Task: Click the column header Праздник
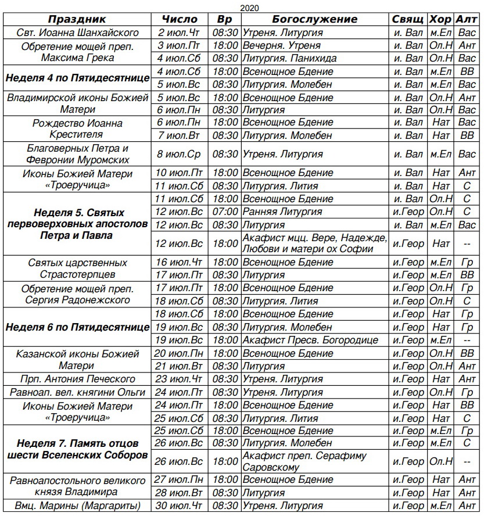(x=77, y=19)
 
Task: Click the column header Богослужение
(x=314, y=19)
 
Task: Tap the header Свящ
(x=408, y=19)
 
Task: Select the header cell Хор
(x=441, y=19)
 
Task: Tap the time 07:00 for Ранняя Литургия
(x=225, y=212)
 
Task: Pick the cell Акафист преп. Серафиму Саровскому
(x=305, y=461)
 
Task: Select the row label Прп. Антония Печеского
(x=77, y=379)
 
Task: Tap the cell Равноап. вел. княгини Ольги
(x=77, y=392)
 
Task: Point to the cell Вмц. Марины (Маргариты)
(x=77, y=506)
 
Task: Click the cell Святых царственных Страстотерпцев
(x=77, y=268)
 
